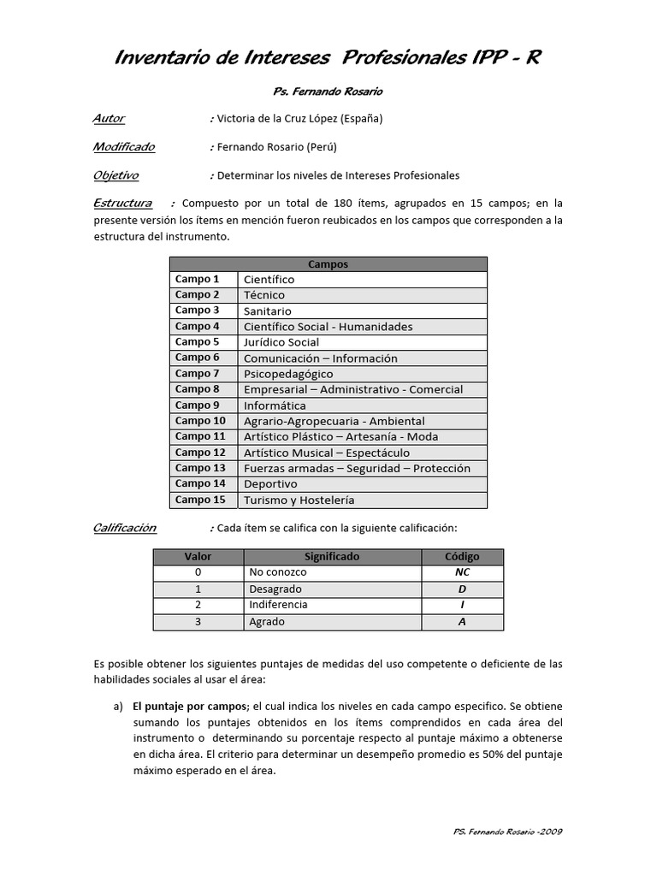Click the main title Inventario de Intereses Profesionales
pos(328,58)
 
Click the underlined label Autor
pos(109,119)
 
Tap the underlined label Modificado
pos(124,147)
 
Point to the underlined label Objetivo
pos(115,175)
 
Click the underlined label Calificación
pos(125,528)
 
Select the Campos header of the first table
pos(328,264)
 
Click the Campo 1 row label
pos(198,279)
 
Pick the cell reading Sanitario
pos(268,311)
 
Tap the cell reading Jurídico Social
pos(281,342)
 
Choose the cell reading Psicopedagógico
pos(288,374)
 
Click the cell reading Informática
pos(275,405)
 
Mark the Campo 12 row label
pos(200,453)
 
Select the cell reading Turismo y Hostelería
pos(299,500)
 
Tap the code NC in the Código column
pos(462,572)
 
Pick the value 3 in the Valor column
pos(198,622)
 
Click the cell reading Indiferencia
pos(278,605)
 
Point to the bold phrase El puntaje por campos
pos(188,706)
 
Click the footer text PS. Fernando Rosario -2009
pos(506,832)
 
